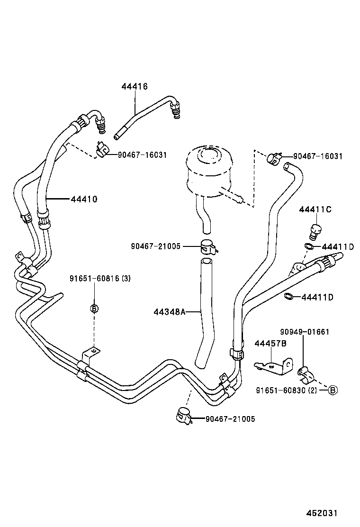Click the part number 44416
coord(135,87)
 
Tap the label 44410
coord(84,199)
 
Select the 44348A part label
coord(169,311)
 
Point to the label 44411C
coord(315,209)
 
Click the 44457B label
coord(270,343)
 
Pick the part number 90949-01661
coord(305,332)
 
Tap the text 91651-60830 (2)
coord(286,390)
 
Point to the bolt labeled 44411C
coord(315,232)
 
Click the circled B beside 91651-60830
coord(333,390)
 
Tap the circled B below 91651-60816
coord(94,308)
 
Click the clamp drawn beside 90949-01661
coord(304,374)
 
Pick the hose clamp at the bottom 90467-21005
coord(184,415)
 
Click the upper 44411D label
coord(338,246)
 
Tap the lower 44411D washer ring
coord(287,297)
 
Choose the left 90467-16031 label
coord(142,154)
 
